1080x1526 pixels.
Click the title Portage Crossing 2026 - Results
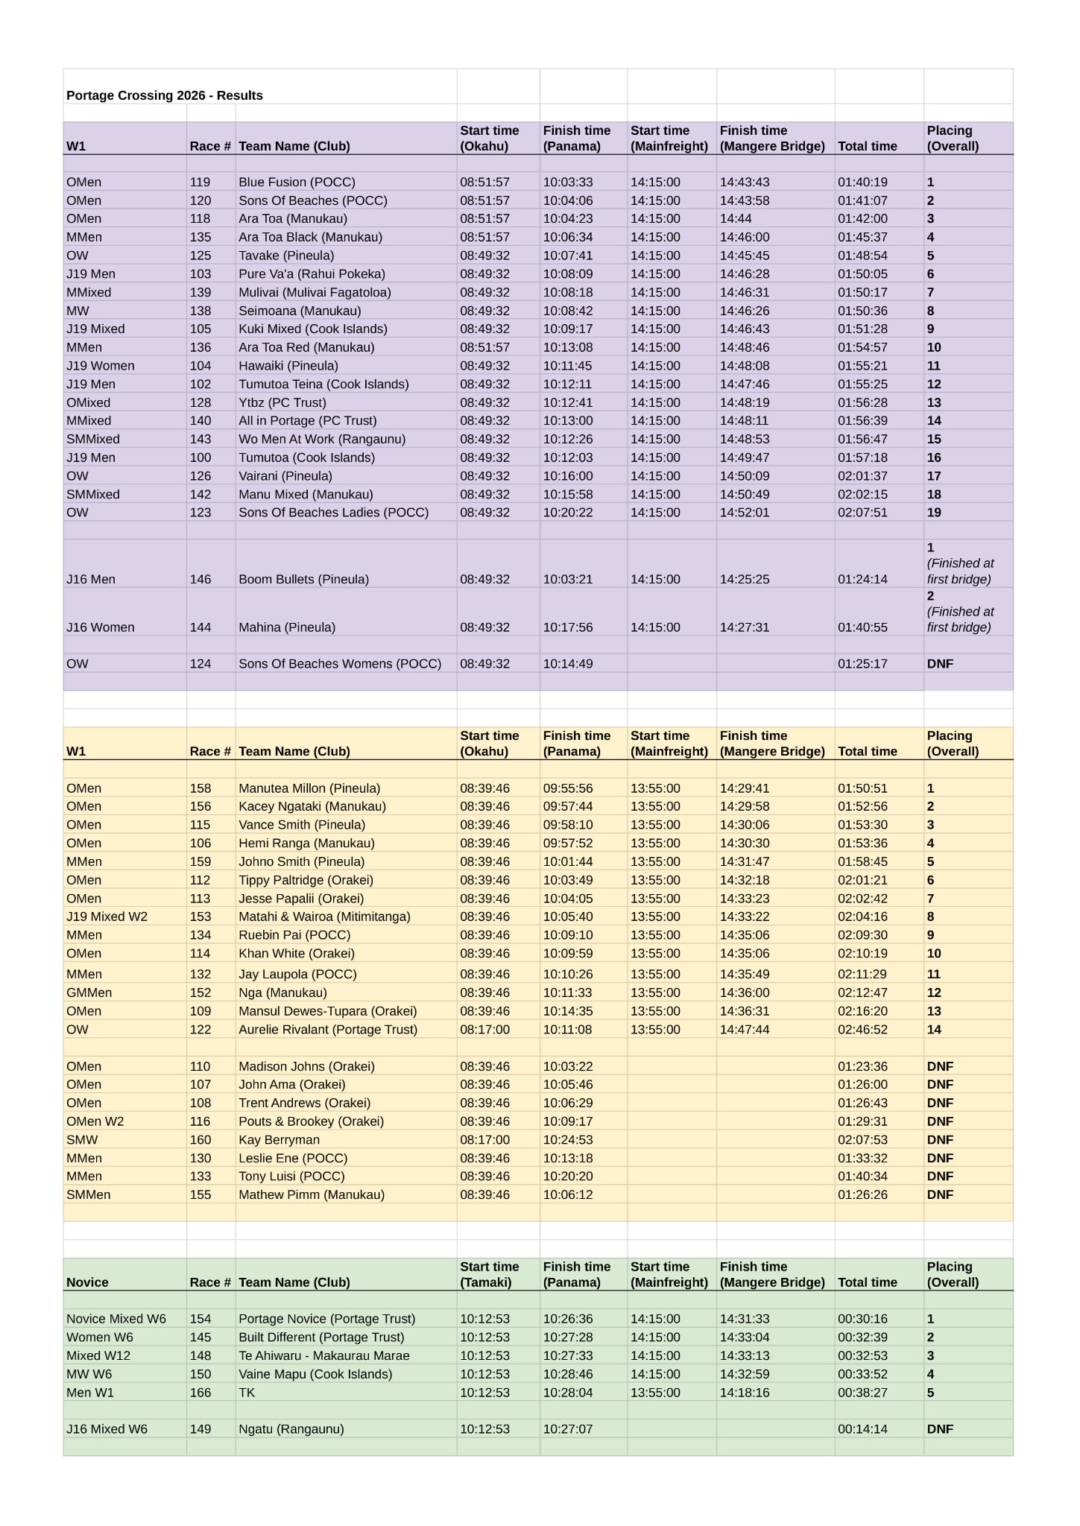point(164,95)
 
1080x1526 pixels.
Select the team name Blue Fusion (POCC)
point(297,182)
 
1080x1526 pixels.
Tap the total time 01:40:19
point(862,182)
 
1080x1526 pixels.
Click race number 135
point(200,237)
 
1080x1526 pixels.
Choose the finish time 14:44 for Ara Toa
point(736,218)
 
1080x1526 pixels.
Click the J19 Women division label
point(101,366)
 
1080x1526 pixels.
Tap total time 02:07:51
point(862,513)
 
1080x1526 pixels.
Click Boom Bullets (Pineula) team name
point(303,579)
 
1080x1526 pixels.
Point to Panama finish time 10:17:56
point(568,627)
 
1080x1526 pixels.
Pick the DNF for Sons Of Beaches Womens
point(940,664)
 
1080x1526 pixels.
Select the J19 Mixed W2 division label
point(107,916)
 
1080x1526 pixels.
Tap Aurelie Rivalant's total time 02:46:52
point(862,1030)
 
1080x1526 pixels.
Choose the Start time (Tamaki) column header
point(489,1274)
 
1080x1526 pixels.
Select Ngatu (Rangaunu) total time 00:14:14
point(862,1429)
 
